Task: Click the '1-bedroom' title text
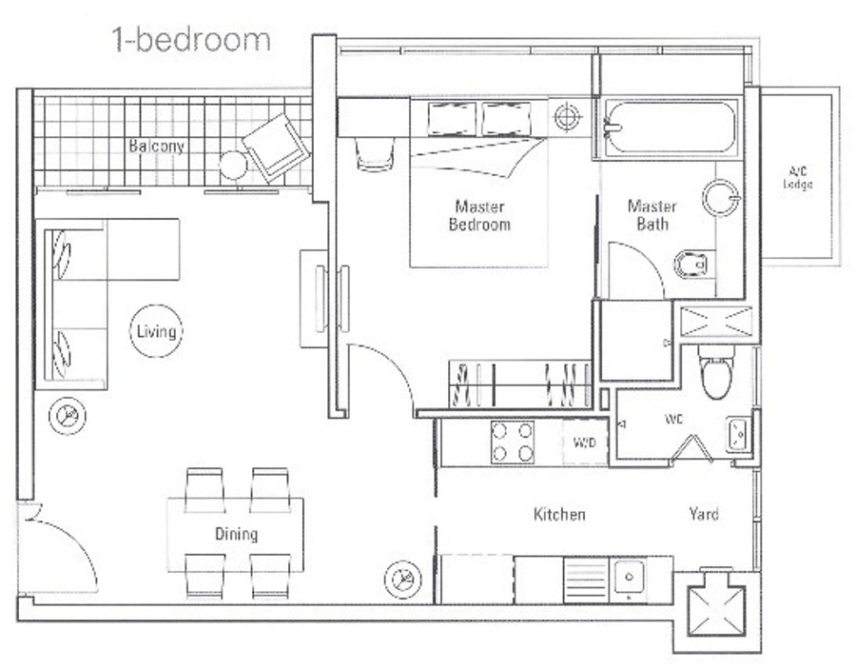(x=191, y=40)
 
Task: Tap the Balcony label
(x=157, y=147)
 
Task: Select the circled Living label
(x=156, y=331)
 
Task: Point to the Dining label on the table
(x=236, y=534)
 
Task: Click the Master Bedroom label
(x=479, y=216)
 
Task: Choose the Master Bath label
(x=652, y=215)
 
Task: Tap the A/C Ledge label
(x=798, y=177)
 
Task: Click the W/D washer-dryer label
(x=584, y=443)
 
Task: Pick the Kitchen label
(x=559, y=514)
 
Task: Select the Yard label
(x=704, y=514)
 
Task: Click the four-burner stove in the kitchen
(x=513, y=442)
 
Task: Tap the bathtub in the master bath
(x=670, y=128)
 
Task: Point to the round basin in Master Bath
(x=721, y=198)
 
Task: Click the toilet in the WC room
(x=716, y=372)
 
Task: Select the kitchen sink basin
(x=630, y=576)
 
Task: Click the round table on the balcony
(x=234, y=165)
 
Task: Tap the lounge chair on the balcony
(x=276, y=148)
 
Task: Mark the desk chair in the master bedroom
(x=375, y=154)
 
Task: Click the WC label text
(x=673, y=420)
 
